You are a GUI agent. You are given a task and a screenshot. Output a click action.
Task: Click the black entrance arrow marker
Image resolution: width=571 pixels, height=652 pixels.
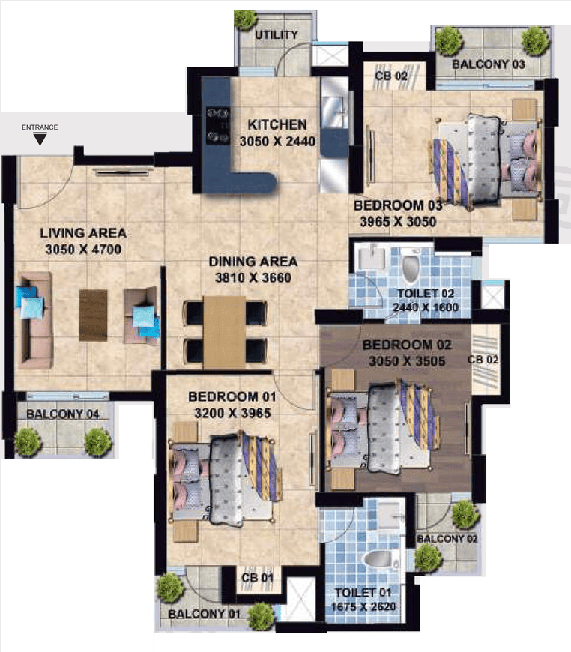click(x=40, y=139)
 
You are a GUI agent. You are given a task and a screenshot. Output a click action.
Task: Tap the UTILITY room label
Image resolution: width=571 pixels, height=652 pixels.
click(x=277, y=34)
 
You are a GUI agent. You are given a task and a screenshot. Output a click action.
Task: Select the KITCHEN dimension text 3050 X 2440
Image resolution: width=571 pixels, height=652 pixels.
click(x=278, y=141)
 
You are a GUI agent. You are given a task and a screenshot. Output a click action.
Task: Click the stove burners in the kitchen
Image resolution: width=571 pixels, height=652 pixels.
click(x=218, y=124)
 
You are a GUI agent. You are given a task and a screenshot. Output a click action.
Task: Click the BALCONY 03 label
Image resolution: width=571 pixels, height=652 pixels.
click(x=489, y=64)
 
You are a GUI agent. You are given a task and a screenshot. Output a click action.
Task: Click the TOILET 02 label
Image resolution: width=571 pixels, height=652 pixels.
click(x=424, y=293)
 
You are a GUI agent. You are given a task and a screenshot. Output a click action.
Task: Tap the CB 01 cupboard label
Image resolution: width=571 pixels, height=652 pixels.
click(x=256, y=577)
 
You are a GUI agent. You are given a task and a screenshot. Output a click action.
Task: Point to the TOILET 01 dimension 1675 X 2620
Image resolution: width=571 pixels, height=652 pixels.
click(x=365, y=608)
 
